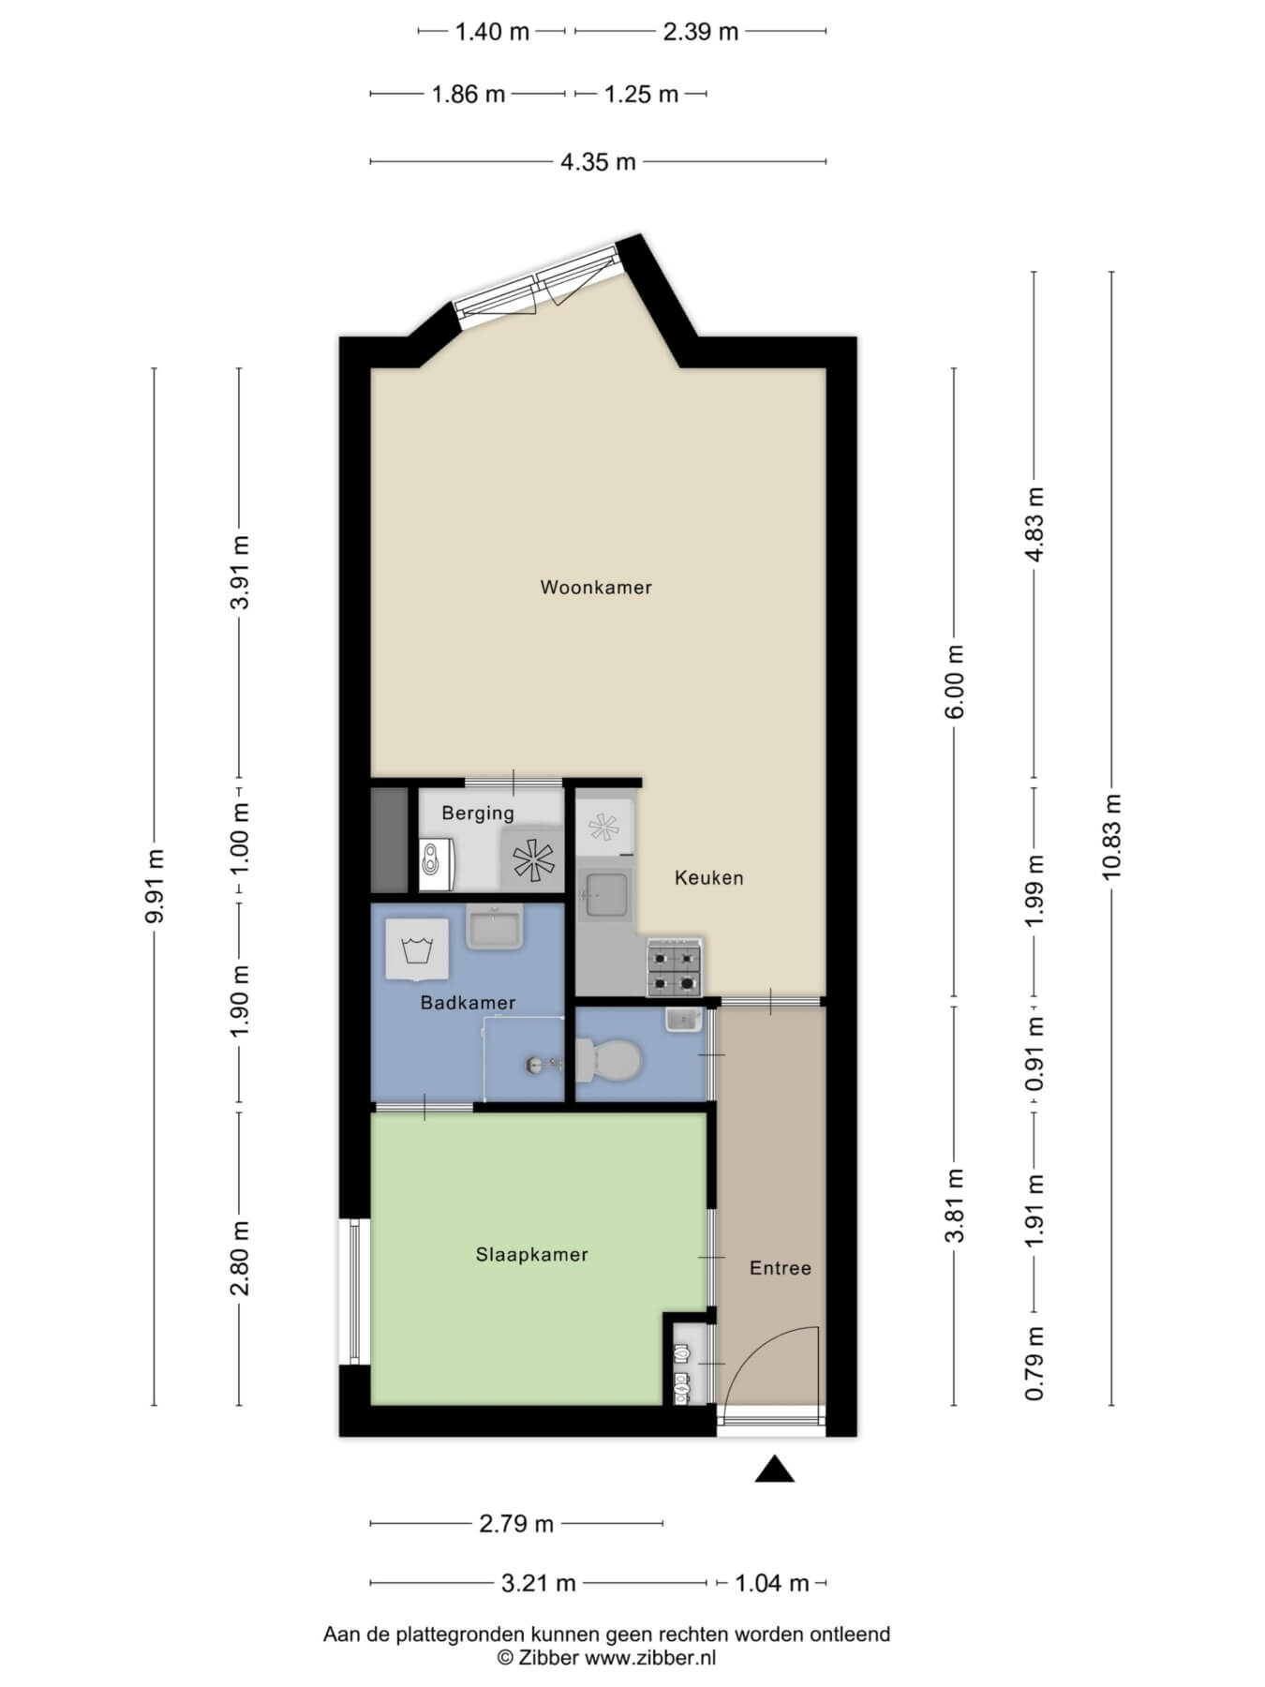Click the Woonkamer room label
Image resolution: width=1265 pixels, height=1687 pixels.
pos(596,588)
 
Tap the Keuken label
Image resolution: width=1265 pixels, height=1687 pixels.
pos(709,878)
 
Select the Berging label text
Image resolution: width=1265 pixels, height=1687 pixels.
pos(478,814)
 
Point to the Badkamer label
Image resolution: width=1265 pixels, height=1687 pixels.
pos(468,1003)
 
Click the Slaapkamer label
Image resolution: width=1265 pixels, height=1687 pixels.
pos(532,1255)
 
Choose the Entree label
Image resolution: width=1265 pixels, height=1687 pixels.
pos(781,1268)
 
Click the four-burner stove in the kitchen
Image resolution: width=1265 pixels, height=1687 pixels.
pos(674,968)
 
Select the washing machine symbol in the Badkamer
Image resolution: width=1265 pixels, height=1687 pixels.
pos(416,949)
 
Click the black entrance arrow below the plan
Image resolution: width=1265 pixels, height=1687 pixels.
pos(775,1469)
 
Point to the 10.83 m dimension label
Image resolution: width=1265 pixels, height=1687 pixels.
pos(1112,837)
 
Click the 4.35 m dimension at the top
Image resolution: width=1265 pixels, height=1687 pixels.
pos(598,162)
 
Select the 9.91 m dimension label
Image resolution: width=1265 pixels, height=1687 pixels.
pos(155,886)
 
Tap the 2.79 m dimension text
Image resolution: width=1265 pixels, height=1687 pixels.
pos(516,1524)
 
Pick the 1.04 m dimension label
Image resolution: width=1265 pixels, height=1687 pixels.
pos(771,1584)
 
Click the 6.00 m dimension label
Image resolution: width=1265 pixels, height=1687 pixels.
pos(955,681)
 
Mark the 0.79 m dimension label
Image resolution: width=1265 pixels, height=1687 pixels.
pos(1034,1364)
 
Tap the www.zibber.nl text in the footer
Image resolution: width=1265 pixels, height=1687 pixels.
pos(650,1657)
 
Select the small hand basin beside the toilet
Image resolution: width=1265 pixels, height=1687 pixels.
pos(684,1019)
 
